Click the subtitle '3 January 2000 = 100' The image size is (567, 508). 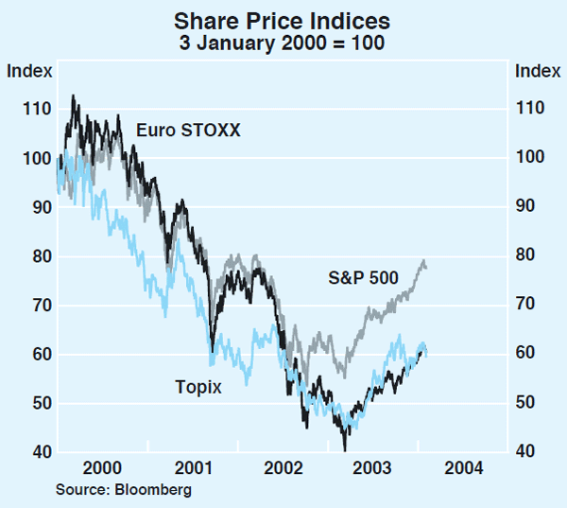click(283, 43)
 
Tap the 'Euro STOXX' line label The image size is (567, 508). click(188, 129)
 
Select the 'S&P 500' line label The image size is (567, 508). click(364, 277)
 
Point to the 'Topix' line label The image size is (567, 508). click(198, 385)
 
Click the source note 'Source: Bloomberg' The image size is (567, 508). click(124, 489)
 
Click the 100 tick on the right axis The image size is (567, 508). click(530, 158)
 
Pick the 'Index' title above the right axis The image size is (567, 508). click(536, 70)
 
